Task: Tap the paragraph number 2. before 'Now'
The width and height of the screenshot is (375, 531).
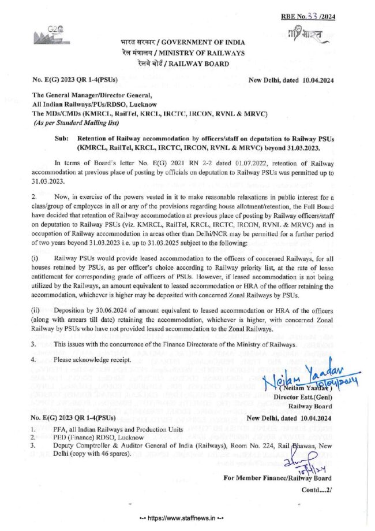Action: [x=34, y=198]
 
